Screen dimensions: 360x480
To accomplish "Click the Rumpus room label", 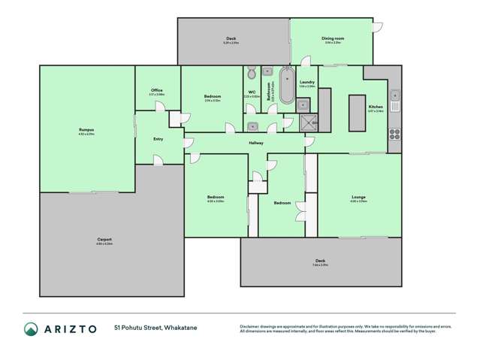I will click(x=86, y=130).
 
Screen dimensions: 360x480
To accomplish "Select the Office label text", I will click(x=156, y=90).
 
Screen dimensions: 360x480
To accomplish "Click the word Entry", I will click(x=158, y=138).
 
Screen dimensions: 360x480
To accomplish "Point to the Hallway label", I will click(x=256, y=142).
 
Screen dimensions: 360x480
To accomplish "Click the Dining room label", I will click(x=333, y=39).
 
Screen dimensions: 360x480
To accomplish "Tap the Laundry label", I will click(x=306, y=82).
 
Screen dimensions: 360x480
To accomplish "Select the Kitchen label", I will click(x=376, y=107).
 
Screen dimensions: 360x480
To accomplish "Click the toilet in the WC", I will click(x=251, y=73).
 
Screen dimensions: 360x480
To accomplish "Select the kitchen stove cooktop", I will click(x=394, y=135).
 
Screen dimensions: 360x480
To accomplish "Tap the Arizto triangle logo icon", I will click(x=31, y=328).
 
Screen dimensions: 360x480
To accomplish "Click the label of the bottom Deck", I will click(x=321, y=261).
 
